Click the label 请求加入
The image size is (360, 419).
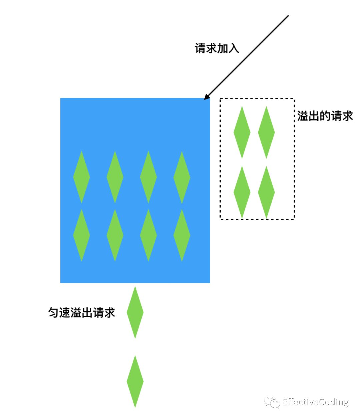click(217, 48)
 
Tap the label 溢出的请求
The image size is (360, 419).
click(325, 116)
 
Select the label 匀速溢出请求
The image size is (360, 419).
click(82, 312)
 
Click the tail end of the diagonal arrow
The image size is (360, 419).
click(288, 16)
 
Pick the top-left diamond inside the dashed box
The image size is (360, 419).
click(242, 132)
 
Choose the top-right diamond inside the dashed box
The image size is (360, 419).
click(266, 132)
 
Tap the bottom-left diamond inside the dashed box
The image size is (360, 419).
click(242, 192)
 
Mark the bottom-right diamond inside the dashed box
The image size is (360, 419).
click(266, 192)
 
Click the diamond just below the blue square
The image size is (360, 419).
click(135, 312)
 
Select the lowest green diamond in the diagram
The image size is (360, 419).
click(135, 381)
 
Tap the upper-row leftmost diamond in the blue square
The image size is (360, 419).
click(81, 177)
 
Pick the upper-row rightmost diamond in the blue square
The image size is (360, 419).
click(182, 177)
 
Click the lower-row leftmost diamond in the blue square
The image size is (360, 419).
click(81, 235)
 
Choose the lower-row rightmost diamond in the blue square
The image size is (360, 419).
click(182, 235)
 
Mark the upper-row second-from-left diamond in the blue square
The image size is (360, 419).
click(115, 177)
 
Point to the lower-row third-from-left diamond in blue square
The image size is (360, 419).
click(148, 235)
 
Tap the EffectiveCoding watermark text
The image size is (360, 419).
click(315, 402)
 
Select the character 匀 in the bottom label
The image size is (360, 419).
click(54, 312)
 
